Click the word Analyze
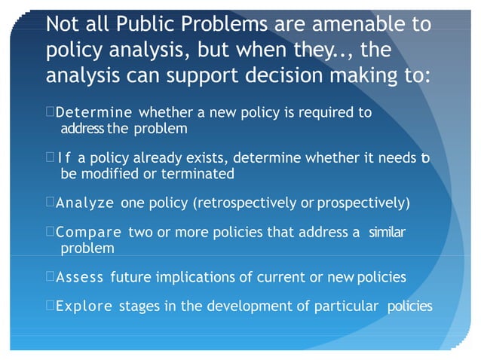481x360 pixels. (84, 203)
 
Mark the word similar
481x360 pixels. (387, 233)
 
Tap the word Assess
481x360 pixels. (80, 277)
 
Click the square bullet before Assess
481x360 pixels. (50, 277)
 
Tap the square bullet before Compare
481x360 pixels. (50, 233)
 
